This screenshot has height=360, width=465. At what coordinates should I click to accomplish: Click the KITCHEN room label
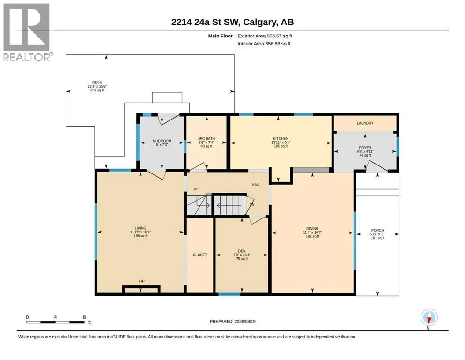[x=280, y=139]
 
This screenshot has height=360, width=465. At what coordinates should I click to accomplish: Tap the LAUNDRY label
[x=365, y=123]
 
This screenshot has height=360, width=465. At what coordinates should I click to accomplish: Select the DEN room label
[x=242, y=251]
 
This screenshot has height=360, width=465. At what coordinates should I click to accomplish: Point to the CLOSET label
[x=200, y=255]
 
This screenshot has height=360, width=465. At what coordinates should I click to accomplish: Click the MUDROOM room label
[x=162, y=141]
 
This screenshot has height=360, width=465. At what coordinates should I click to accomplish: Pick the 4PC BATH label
[x=207, y=139]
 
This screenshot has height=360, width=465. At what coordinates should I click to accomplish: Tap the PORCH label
[x=377, y=230]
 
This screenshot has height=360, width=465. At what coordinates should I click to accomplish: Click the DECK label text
[x=97, y=82]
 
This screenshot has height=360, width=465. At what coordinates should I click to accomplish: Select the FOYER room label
[x=365, y=148]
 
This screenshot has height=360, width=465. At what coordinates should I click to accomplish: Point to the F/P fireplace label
[x=142, y=281]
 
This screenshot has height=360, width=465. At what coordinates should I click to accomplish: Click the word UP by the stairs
[x=196, y=189]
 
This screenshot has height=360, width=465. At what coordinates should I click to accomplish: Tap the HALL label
[x=256, y=185]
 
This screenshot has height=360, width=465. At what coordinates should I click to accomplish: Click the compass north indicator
[x=429, y=318]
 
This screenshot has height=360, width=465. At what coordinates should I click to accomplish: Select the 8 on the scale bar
[x=84, y=317]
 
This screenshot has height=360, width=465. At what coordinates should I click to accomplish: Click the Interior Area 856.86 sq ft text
[x=264, y=44]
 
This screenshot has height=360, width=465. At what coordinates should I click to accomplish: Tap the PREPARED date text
[x=232, y=321]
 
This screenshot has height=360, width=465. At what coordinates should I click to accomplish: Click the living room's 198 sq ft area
[x=140, y=236]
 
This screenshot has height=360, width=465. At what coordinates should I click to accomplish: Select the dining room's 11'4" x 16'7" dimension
[x=312, y=232]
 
